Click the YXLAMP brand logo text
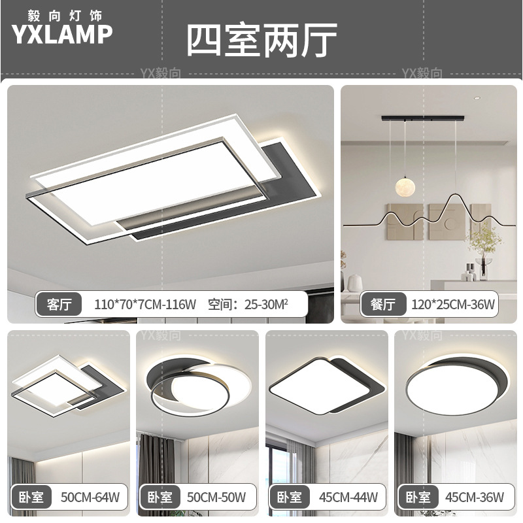pyautogui.click(x=62, y=35)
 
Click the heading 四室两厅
pyautogui.click(x=261, y=41)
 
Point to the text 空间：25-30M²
pyautogui.click(x=248, y=305)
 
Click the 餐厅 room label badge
pyautogui.click(x=384, y=305)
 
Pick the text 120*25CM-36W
pyautogui.click(x=453, y=305)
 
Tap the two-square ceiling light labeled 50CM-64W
pyautogui.click(x=65, y=386)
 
